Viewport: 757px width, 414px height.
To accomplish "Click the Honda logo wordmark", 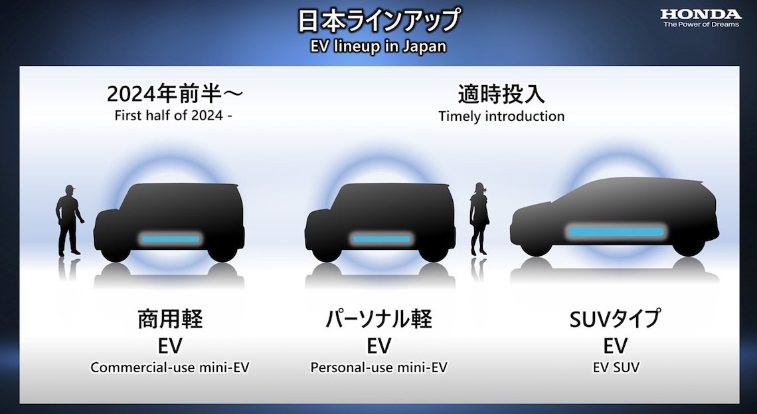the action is pyautogui.click(x=700, y=14).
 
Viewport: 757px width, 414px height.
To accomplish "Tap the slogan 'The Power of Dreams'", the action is pyautogui.click(x=701, y=25).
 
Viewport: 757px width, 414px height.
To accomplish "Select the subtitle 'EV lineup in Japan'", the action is pyautogui.click(x=378, y=46).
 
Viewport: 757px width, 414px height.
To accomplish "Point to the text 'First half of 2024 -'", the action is pyautogui.click(x=174, y=116).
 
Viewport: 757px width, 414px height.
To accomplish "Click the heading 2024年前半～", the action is pyautogui.click(x=175, y=94).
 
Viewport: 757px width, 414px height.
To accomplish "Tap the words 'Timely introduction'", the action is pyautogui.click(x=501, y=116).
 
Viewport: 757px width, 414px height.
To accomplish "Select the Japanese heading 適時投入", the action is pyautogui.click(x=501, y=94).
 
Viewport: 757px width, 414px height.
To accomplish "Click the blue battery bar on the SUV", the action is pyautogui.click(x=616, y=232).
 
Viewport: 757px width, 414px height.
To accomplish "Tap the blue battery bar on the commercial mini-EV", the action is pyautogui.click(x=170, y=239).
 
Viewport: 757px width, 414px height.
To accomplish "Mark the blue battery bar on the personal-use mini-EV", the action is pyautogui.click(x=381, y=239).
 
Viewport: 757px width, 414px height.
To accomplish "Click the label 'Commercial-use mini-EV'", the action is pyautogui.click(x=170, y=367).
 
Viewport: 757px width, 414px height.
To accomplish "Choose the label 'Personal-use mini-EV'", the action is pyautogui.click(x=379, y=367).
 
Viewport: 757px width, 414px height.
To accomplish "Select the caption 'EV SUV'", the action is pyautogui.click(x=616, y=367).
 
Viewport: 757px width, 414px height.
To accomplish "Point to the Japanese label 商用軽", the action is pyautogui.click(x=170, y=320).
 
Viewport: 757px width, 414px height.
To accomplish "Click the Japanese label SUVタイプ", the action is pyautogui.click(x=615, y=320).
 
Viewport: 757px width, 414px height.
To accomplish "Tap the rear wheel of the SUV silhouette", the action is pyautogui.click(x=687, y=245).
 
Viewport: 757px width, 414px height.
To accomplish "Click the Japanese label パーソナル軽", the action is pyautogui.click(x=379, y=320).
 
